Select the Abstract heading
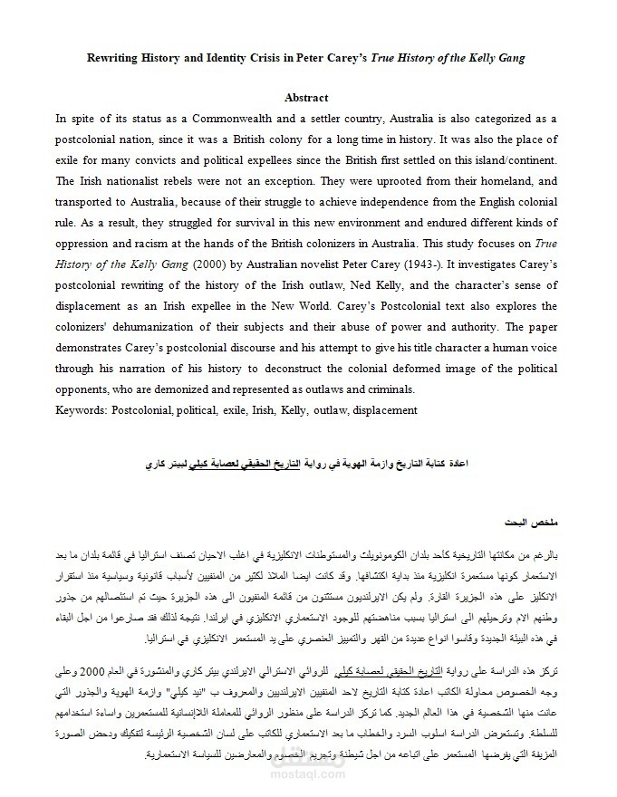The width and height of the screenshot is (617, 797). [x=306, y=98]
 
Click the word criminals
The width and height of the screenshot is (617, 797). [x=388, y=389]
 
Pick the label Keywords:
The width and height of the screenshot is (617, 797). [x=81, y=410]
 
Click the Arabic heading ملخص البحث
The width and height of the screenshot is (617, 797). [x=530, y=524]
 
